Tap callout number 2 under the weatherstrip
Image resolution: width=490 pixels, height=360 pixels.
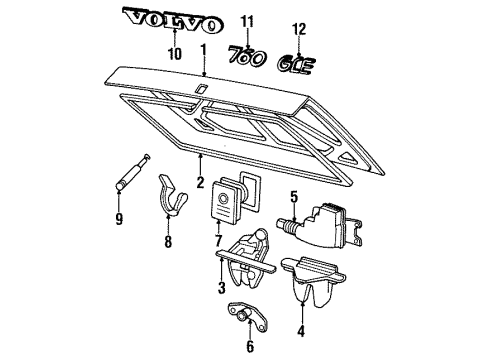tap(199, 182)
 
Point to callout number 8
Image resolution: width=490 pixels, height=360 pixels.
tap(167, 241)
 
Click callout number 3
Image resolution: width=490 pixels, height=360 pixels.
tap(220, 289)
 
